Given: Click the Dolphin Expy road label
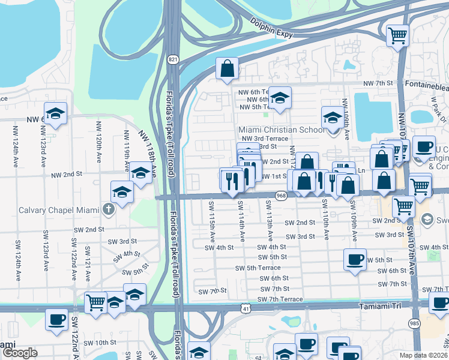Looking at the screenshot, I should (x=271, y=28).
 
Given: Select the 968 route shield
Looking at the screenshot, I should (x=281, y=196).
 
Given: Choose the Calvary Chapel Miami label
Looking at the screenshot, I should (x=58, y=209).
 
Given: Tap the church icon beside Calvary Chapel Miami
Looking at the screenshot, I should (x=108, y=209).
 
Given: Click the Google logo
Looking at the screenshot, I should (x=19, y=353).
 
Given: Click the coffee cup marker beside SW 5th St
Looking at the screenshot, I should (x=355, y=260).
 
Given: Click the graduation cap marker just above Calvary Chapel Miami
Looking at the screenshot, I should (x=122, y=192).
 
